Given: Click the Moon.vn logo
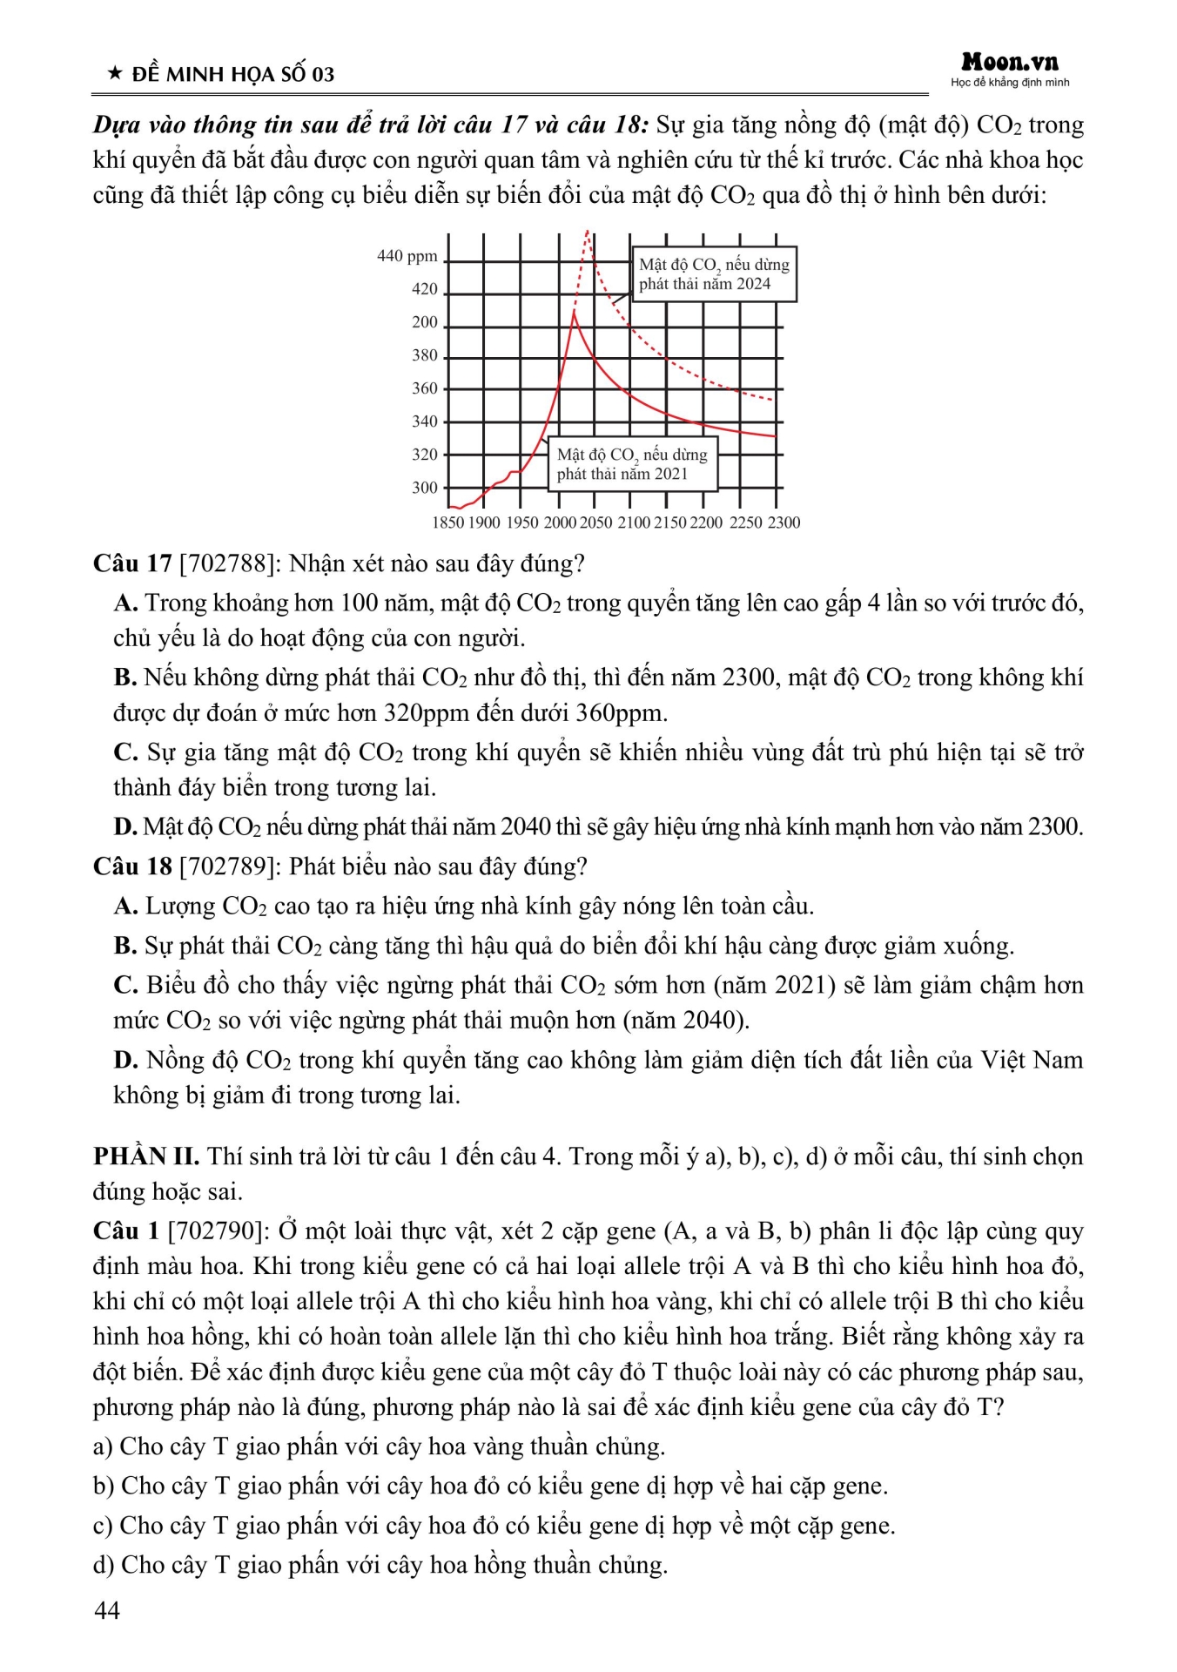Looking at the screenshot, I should [x=1010, y=63].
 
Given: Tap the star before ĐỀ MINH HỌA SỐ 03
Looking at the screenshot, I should [x=115, y=74].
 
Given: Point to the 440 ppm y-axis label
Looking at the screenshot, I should [x=407, y=256].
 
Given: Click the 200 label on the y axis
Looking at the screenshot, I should [x=425, y=322].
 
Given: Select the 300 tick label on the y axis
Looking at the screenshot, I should [x=425, y=488].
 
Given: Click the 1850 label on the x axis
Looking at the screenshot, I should [x=448, y=522].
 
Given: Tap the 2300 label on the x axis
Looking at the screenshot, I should [x=784, y=522].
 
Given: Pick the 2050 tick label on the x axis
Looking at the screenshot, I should [x=596, y=522].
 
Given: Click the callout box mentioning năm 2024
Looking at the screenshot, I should [x=714, y=274].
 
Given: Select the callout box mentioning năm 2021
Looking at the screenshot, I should [x=632, y=464].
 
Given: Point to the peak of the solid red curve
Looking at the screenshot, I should [x=574, y=312].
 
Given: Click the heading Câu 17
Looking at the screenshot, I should [x=132, y=563].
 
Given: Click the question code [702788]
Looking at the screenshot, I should [x=227, y=563].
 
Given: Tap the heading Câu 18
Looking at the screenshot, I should [x=132, y=866].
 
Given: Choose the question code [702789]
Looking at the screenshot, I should [x=227, y=866].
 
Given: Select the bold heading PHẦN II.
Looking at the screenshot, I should [x=146, y=1156].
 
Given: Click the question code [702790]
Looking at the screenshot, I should [x=217, y=1231].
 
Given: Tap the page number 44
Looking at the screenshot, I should [x=107, y=1611].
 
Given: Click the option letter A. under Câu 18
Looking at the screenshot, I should [x=125, y=907].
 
